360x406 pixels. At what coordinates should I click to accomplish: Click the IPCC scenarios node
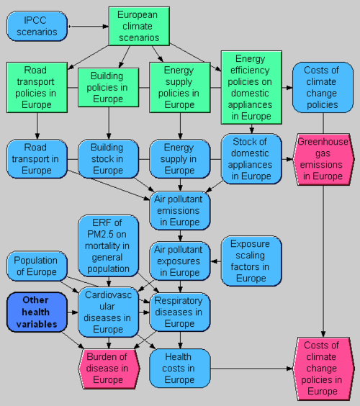coord(37,26)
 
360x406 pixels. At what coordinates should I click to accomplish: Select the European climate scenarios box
coord(139,26)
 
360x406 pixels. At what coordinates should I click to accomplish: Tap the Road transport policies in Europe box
coord(37,88)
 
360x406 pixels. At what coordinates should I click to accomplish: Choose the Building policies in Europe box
coord(109,88)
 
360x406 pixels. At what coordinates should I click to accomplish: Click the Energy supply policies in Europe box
coord(180,88)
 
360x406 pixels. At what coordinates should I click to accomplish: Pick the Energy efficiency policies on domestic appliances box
coord(251,88)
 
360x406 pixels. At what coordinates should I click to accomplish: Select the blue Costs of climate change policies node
coord(323,88)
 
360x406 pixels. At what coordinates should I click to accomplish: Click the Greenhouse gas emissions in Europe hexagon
coord(323,159)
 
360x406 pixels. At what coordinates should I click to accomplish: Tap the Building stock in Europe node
coord(109,159)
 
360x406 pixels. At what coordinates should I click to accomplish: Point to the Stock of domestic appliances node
coord(251,159)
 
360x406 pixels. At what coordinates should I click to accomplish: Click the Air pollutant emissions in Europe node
coord(180,211)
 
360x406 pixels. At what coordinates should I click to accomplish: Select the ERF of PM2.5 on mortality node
coord(109,245)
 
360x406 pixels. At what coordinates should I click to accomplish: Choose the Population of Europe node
coord(37,266)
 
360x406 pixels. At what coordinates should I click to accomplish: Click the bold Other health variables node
coord(37,312)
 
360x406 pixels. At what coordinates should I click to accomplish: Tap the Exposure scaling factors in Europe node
coord(251,261)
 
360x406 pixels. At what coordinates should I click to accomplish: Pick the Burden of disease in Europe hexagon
coord(109,369)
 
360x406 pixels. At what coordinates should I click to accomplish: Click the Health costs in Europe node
coord(180,368)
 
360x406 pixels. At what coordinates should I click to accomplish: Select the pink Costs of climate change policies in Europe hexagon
coord(323,369)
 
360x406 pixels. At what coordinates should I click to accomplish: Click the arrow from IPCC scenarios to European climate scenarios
coord(89,27)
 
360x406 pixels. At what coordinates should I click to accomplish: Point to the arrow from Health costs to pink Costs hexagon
coord(251,369)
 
